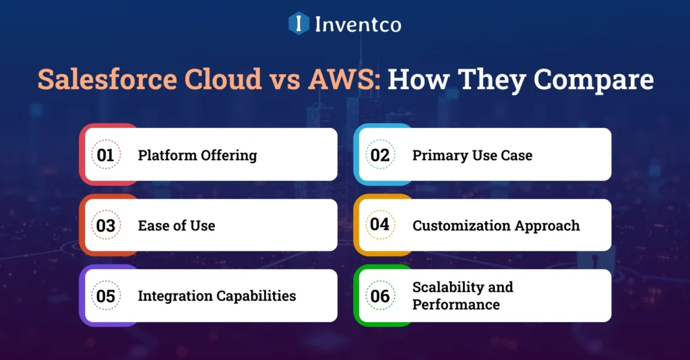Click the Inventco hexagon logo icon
pos(299,24)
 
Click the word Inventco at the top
pos(357,25)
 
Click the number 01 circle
pos(106,155)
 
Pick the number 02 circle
pos(380,155)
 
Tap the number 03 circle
pos(106,226)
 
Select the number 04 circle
pos(380,225)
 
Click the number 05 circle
pos(106,296)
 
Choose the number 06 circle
pos(380,296)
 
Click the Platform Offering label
pos(197,155)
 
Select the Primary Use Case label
pos(472,155)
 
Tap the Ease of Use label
pos(177,226)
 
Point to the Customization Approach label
pos(496,226)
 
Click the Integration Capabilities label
pos(217,296)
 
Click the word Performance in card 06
pos(456,305)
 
